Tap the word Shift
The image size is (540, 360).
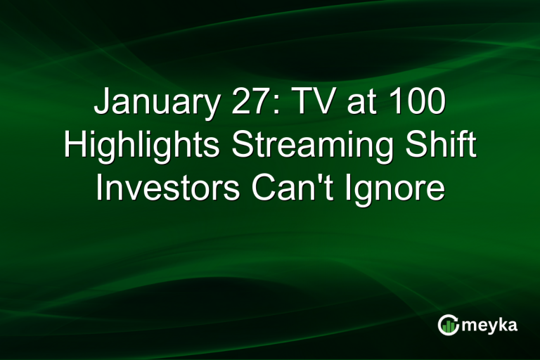click(x=436, y=147)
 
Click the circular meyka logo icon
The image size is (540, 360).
click(x=449, y=325)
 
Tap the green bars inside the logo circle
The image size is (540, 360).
click(x=449, y=326)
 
